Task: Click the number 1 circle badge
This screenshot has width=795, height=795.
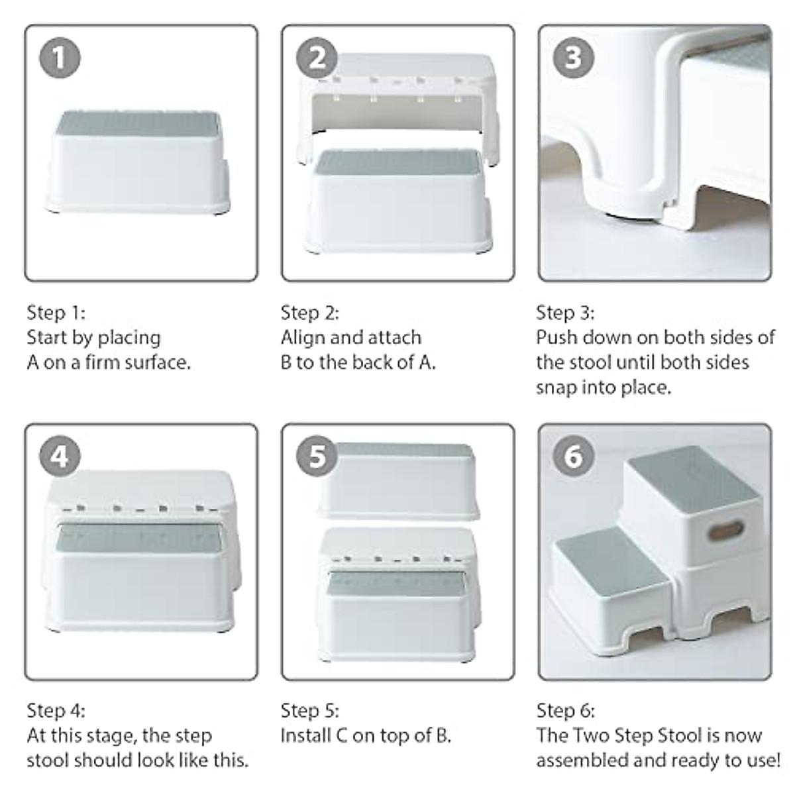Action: (x=60, y=58)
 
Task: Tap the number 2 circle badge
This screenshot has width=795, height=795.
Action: (x=317, y=58)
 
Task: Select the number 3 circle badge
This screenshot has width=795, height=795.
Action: (x=572, y=58)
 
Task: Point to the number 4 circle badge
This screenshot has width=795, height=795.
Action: (x=60, y=456)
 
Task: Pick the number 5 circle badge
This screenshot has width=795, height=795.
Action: (x=317, y=456)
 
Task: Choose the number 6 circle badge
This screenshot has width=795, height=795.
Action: (x=572, y=456)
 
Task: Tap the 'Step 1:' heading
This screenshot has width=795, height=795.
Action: (x=56, y=313)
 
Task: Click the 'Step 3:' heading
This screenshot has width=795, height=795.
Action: (x=564, y=313)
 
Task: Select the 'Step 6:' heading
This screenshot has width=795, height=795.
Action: (x=565, y=711)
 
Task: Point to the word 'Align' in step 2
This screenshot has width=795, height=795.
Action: (x=303, y=338)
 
